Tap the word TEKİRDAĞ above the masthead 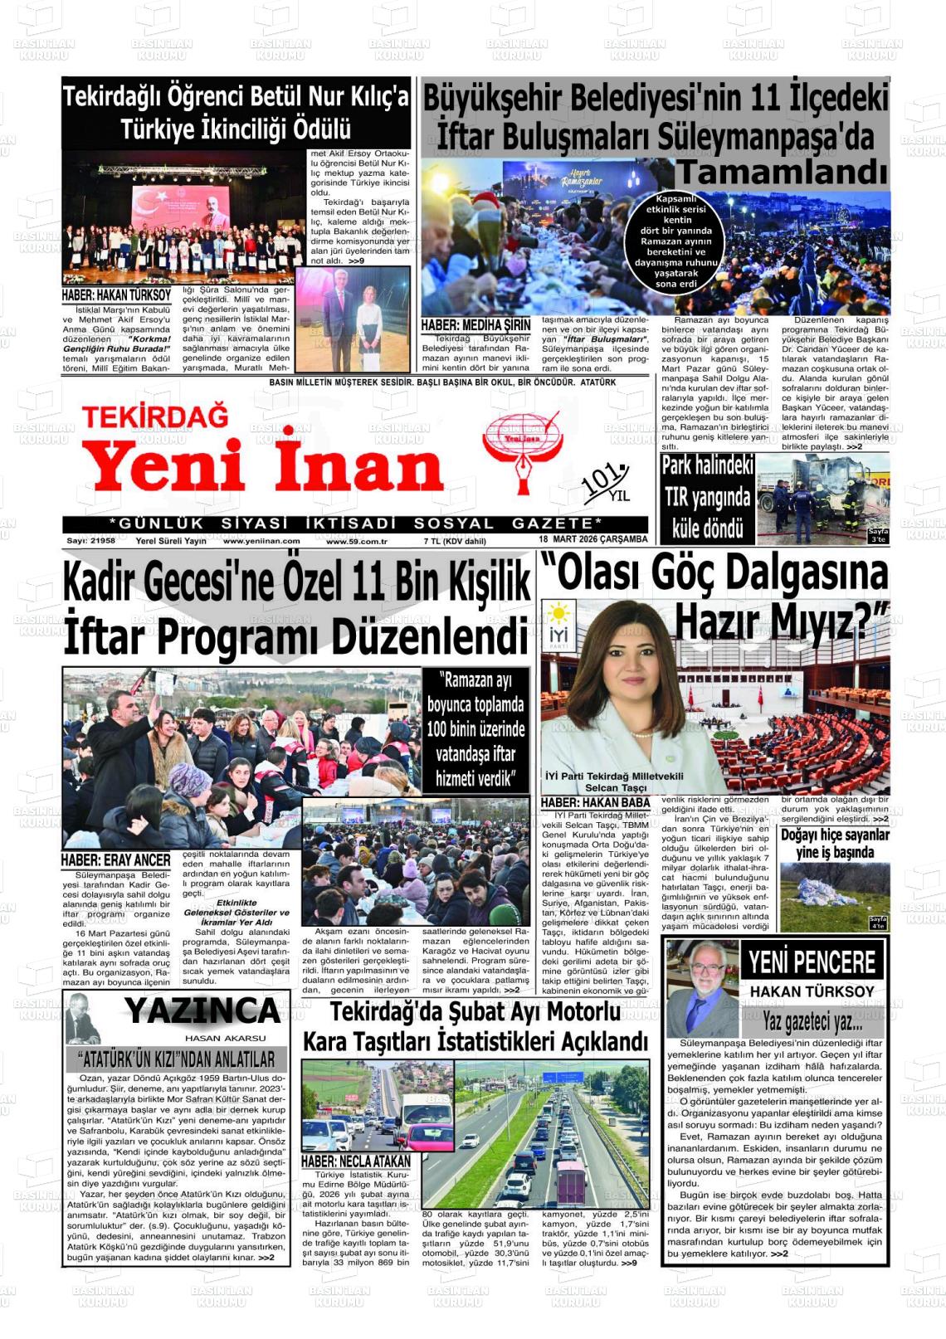(x=155, y=416)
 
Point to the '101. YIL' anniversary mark (x=607, y=484)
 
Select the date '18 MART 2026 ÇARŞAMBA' (x=592, y=539)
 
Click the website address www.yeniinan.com (x=261, y=541)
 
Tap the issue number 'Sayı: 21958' (x=90, y=540)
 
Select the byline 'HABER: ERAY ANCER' (x=116, y=860)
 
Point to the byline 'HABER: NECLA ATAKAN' (x=356, y=1161)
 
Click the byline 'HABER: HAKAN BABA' (x=595, y=802)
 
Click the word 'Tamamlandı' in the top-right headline (x=782, y=173)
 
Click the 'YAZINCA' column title (x=202, y=1011)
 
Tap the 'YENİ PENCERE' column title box (x=812, y=962)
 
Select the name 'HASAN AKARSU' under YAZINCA (x=225, y=1038)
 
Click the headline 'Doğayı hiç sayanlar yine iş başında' (x=834, y=843)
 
